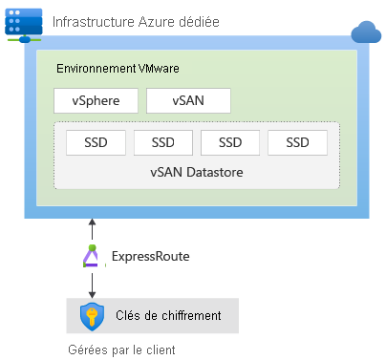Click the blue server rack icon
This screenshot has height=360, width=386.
(24, 25)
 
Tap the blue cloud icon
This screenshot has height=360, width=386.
(366, 32)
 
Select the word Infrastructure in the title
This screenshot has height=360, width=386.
(94, 22)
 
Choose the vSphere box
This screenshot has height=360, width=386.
(96, 100)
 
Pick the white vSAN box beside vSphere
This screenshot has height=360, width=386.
(188, 100)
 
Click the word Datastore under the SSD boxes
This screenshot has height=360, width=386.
(215, 172)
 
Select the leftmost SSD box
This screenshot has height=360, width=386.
(96, 142)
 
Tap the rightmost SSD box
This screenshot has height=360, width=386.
(297, 142)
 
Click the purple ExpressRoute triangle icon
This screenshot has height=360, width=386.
(92, 256)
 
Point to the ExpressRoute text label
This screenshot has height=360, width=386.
(151, 256)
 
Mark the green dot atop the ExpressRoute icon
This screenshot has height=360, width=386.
(92, 247)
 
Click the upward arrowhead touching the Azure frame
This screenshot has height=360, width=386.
(92, 222)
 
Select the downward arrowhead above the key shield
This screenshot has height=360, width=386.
(92, 294)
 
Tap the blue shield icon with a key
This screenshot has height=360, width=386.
(92, 316)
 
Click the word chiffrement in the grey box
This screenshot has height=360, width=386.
(191, 315)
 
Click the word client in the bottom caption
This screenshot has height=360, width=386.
(161, 349)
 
